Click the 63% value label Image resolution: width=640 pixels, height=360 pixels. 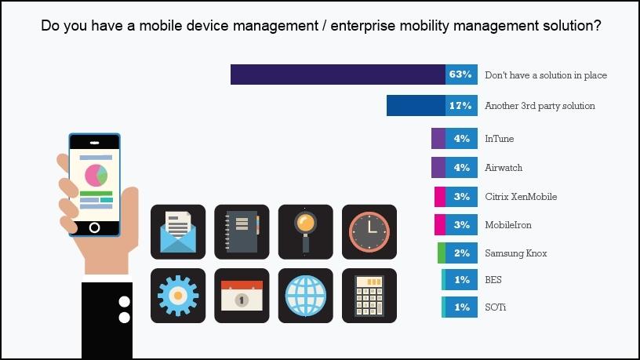[x=460, y=75]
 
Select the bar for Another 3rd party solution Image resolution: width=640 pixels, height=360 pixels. [x=416, y=105]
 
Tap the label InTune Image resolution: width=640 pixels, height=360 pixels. [x=500, y=139]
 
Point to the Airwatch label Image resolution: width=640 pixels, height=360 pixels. [x=504, y=168]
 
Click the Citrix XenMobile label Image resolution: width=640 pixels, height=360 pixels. [x=521, y=196]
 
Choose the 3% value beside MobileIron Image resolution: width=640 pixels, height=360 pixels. [x=461, y=225]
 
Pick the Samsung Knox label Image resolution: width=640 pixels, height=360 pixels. [x=515, y=253]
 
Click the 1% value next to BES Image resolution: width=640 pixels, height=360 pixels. [x=461, y=280]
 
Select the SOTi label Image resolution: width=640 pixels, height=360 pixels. [x=496, y=307]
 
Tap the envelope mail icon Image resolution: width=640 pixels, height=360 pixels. [x=178, y=232]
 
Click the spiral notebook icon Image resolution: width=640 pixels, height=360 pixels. [x=242, y=232]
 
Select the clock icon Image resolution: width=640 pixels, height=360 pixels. [x=369, y=232]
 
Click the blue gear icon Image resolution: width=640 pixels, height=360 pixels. [x=178, y=296]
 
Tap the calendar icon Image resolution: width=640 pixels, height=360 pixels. [x=242, y=296]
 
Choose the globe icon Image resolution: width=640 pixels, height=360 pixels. [x=305, y=296]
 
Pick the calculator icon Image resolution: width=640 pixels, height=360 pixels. [x=369, y=296]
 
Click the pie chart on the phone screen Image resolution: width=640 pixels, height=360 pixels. [x=96, y=175]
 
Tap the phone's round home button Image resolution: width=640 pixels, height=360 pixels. [x=94, y=227]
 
